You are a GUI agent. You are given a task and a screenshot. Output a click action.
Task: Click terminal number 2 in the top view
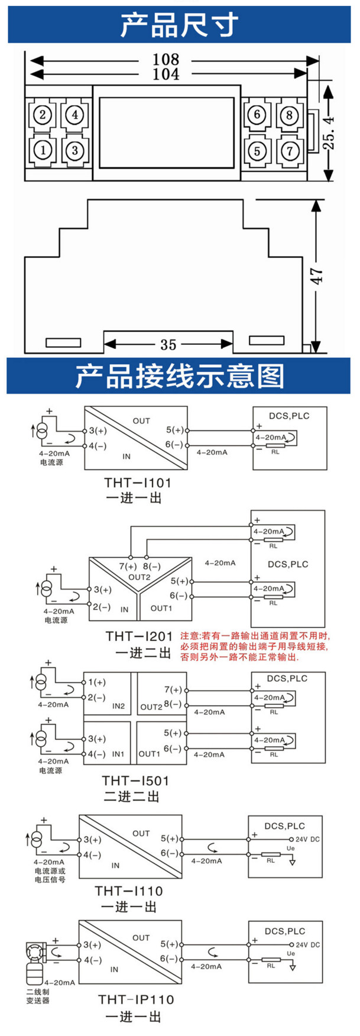(x=43, y=114)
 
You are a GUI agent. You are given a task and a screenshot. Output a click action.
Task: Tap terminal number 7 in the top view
(x=289, y=150)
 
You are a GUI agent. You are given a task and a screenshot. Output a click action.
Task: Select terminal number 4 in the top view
(x=74, y=114)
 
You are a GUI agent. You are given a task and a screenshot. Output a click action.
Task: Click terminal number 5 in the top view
(x=257, y=150)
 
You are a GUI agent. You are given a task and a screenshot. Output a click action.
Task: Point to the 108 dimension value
(x=166, y=60)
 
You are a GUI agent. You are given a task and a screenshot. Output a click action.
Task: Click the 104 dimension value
(x=166, y=74)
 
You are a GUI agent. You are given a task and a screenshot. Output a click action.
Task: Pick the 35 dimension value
(x=168, y=345)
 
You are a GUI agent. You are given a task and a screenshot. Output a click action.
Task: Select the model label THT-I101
(x=137, y=483)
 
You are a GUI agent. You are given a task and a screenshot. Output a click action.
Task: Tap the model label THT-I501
(x=135, y=781)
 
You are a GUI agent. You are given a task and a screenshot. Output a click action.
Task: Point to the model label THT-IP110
(x=136, y=999)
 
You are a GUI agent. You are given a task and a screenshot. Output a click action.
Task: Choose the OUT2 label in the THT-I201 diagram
(x=140, y=577)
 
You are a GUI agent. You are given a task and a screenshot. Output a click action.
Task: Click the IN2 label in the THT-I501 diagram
(x=118, y=706)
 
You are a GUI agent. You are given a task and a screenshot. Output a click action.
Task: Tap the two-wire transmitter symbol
(x=37, y=964)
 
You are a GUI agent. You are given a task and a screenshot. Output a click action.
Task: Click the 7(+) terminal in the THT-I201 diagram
(x=128, y=566)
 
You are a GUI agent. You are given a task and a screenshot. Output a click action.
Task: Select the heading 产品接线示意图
(x=179, y=377)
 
